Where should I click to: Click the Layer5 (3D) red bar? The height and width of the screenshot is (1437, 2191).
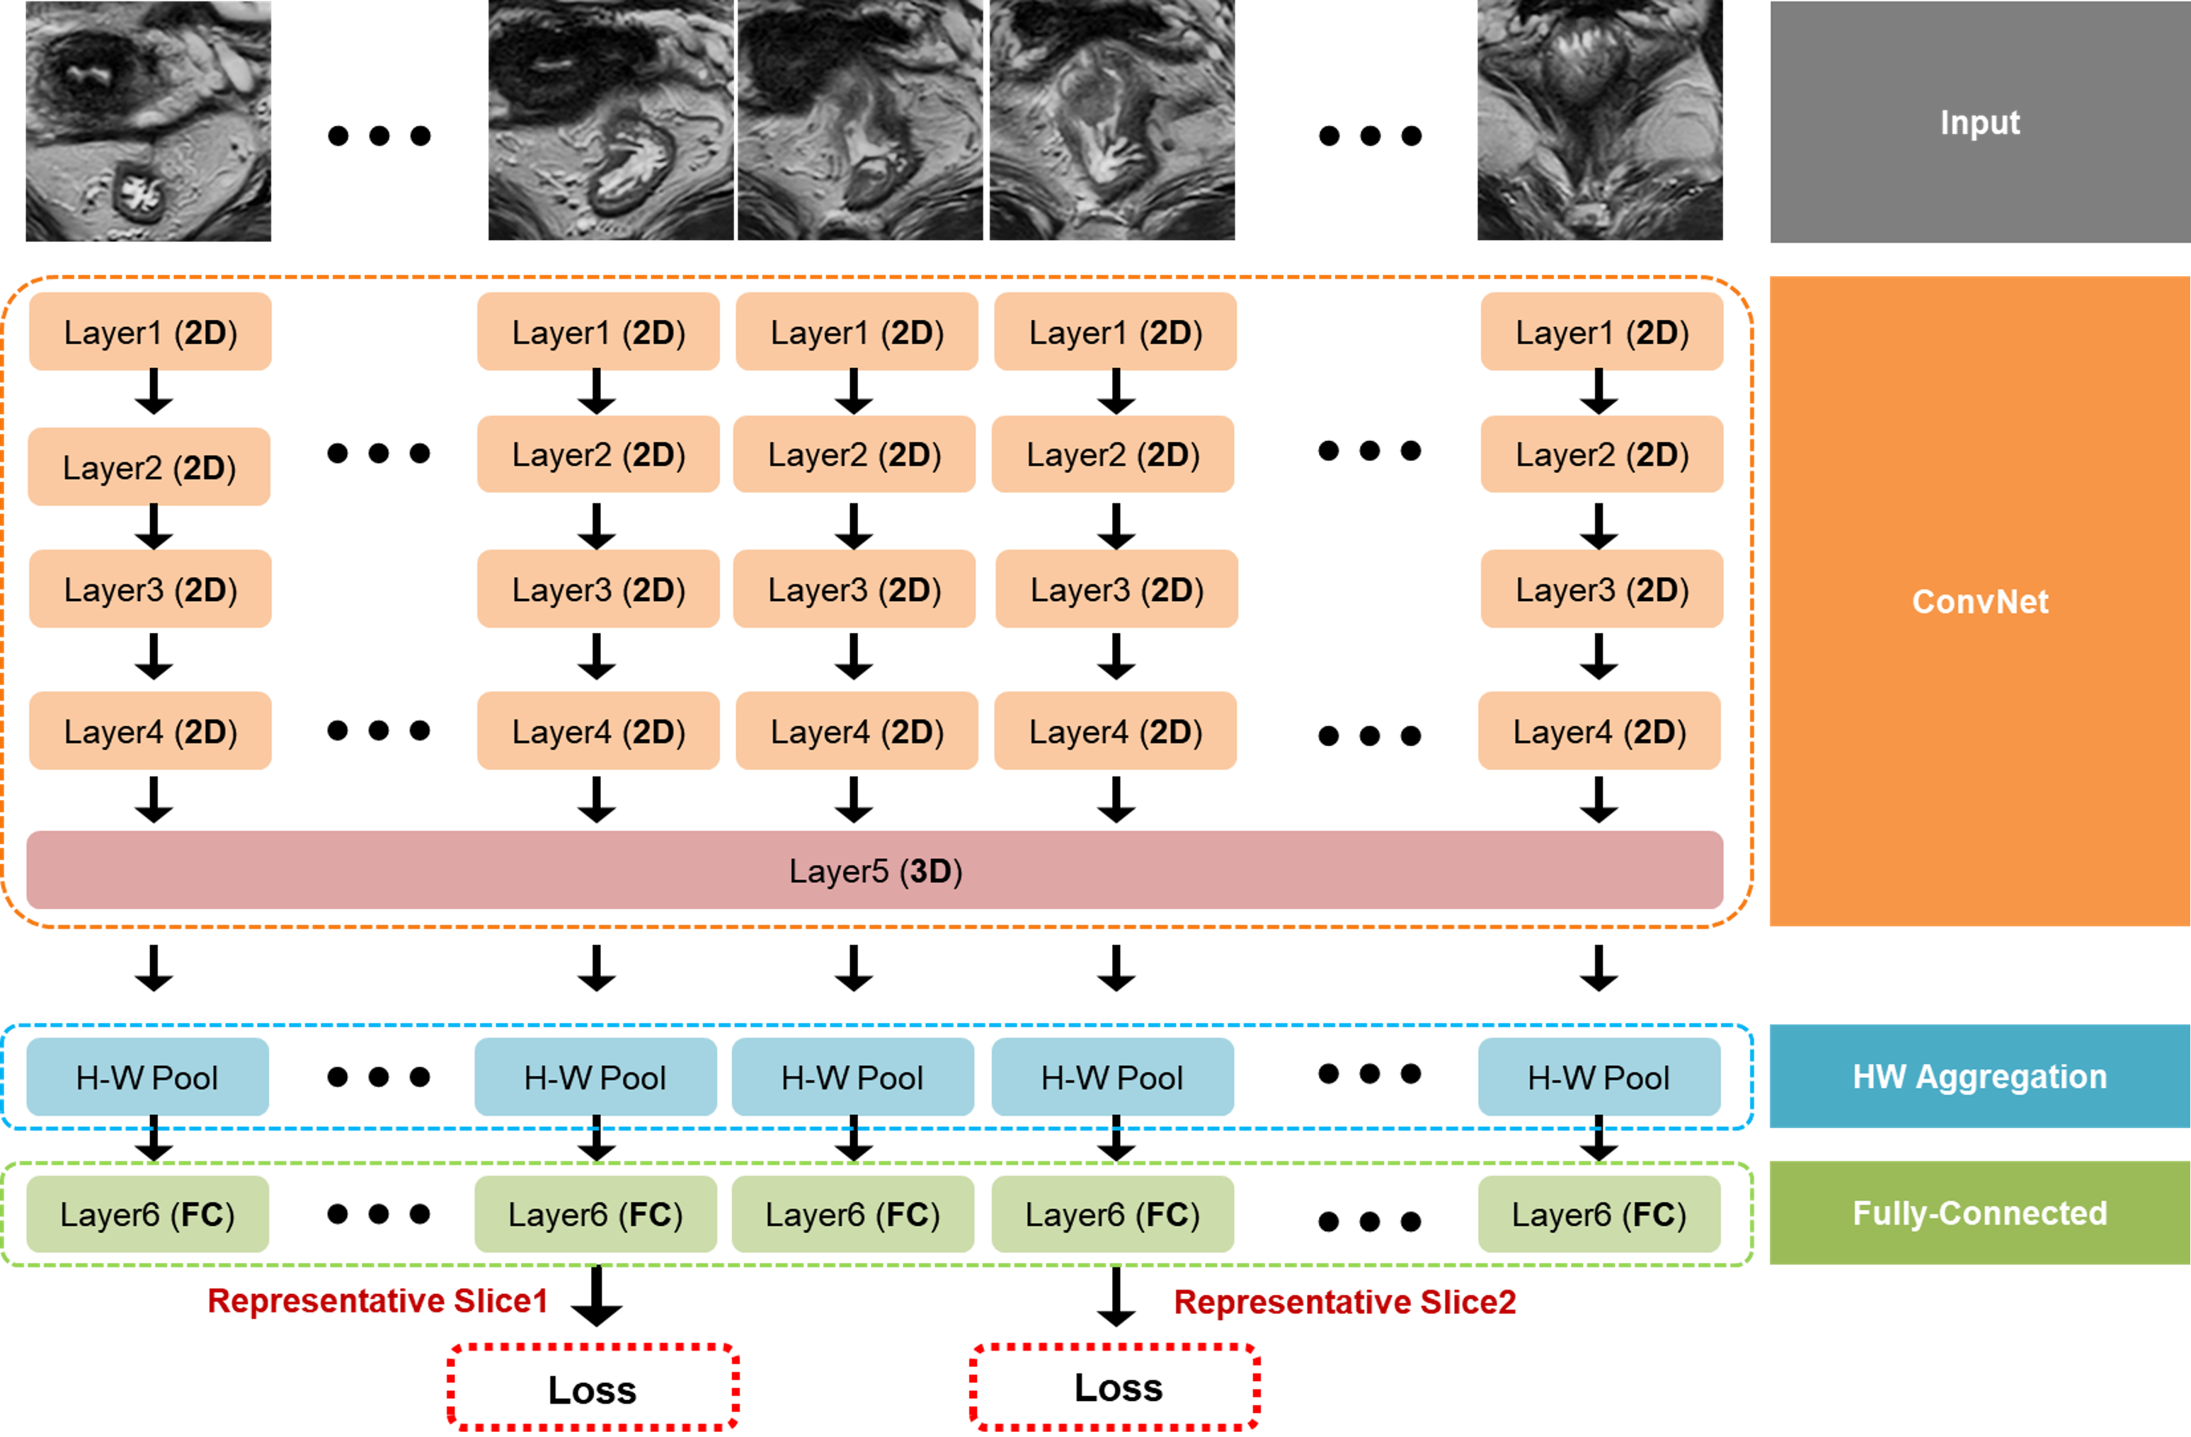874,870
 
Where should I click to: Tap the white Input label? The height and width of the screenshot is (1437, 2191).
1979,122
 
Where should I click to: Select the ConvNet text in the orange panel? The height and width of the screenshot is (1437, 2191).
1979,601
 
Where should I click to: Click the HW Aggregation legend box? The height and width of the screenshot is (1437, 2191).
1979,1076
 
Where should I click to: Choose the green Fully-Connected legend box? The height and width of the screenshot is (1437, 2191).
1979,1213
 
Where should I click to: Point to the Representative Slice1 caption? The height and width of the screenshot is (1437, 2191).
377,1301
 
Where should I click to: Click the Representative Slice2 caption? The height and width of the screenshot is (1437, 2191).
1345,1302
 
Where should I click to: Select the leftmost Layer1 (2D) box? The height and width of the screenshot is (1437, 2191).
150,331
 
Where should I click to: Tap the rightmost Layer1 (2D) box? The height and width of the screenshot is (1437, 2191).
1602,331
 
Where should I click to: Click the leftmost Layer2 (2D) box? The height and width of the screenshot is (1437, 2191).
149,466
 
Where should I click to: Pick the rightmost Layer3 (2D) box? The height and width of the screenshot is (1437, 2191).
1602,589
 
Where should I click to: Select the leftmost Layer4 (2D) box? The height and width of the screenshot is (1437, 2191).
150,731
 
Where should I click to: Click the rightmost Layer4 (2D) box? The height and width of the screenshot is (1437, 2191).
1599,731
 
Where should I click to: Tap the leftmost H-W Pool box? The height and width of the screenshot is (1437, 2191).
147,1077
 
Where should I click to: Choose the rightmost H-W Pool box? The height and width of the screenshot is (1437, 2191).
1599,1077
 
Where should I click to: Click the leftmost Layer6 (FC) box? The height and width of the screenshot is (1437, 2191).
147,1214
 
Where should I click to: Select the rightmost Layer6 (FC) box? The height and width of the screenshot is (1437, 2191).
1599,1214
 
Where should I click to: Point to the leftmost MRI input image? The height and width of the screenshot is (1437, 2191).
148,120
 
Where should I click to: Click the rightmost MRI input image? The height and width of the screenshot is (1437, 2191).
1600,120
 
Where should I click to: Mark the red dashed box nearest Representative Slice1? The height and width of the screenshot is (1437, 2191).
593,1386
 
